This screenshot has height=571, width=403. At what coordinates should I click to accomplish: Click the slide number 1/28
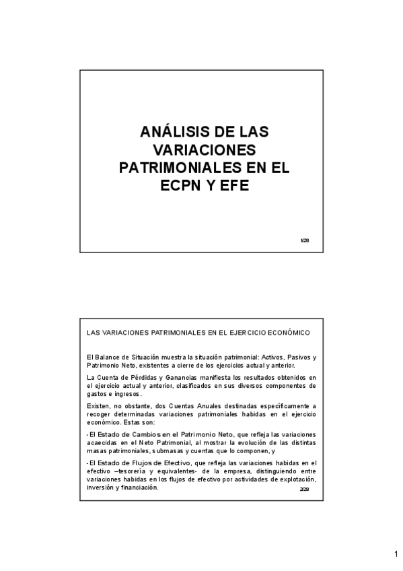305,240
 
